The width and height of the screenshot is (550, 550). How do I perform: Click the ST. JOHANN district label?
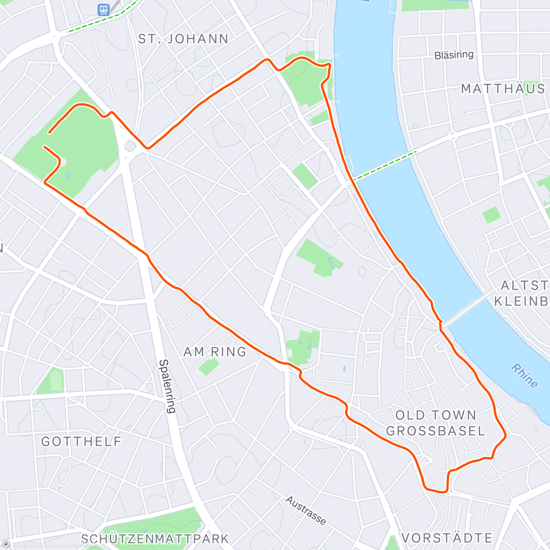[183, 39]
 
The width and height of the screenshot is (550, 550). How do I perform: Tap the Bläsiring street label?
[454, 55]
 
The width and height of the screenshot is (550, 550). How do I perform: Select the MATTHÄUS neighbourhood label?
[503, 88]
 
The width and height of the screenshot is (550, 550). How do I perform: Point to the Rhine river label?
[525, 375]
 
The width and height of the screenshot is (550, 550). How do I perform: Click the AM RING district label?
[215, 352]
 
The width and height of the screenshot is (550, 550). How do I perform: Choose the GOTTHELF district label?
[82, 441]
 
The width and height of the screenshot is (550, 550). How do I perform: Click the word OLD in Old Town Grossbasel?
[409, 416]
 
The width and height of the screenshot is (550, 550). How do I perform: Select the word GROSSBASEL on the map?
[435, 431]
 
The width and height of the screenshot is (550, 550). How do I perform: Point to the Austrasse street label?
[306, 510]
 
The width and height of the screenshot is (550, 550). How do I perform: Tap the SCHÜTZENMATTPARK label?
[155, 538]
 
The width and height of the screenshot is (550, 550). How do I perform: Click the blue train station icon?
[103, 9]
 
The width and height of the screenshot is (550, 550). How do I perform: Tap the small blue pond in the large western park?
[68, 174]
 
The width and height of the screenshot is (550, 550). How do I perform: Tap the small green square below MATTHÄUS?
[491, 214]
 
